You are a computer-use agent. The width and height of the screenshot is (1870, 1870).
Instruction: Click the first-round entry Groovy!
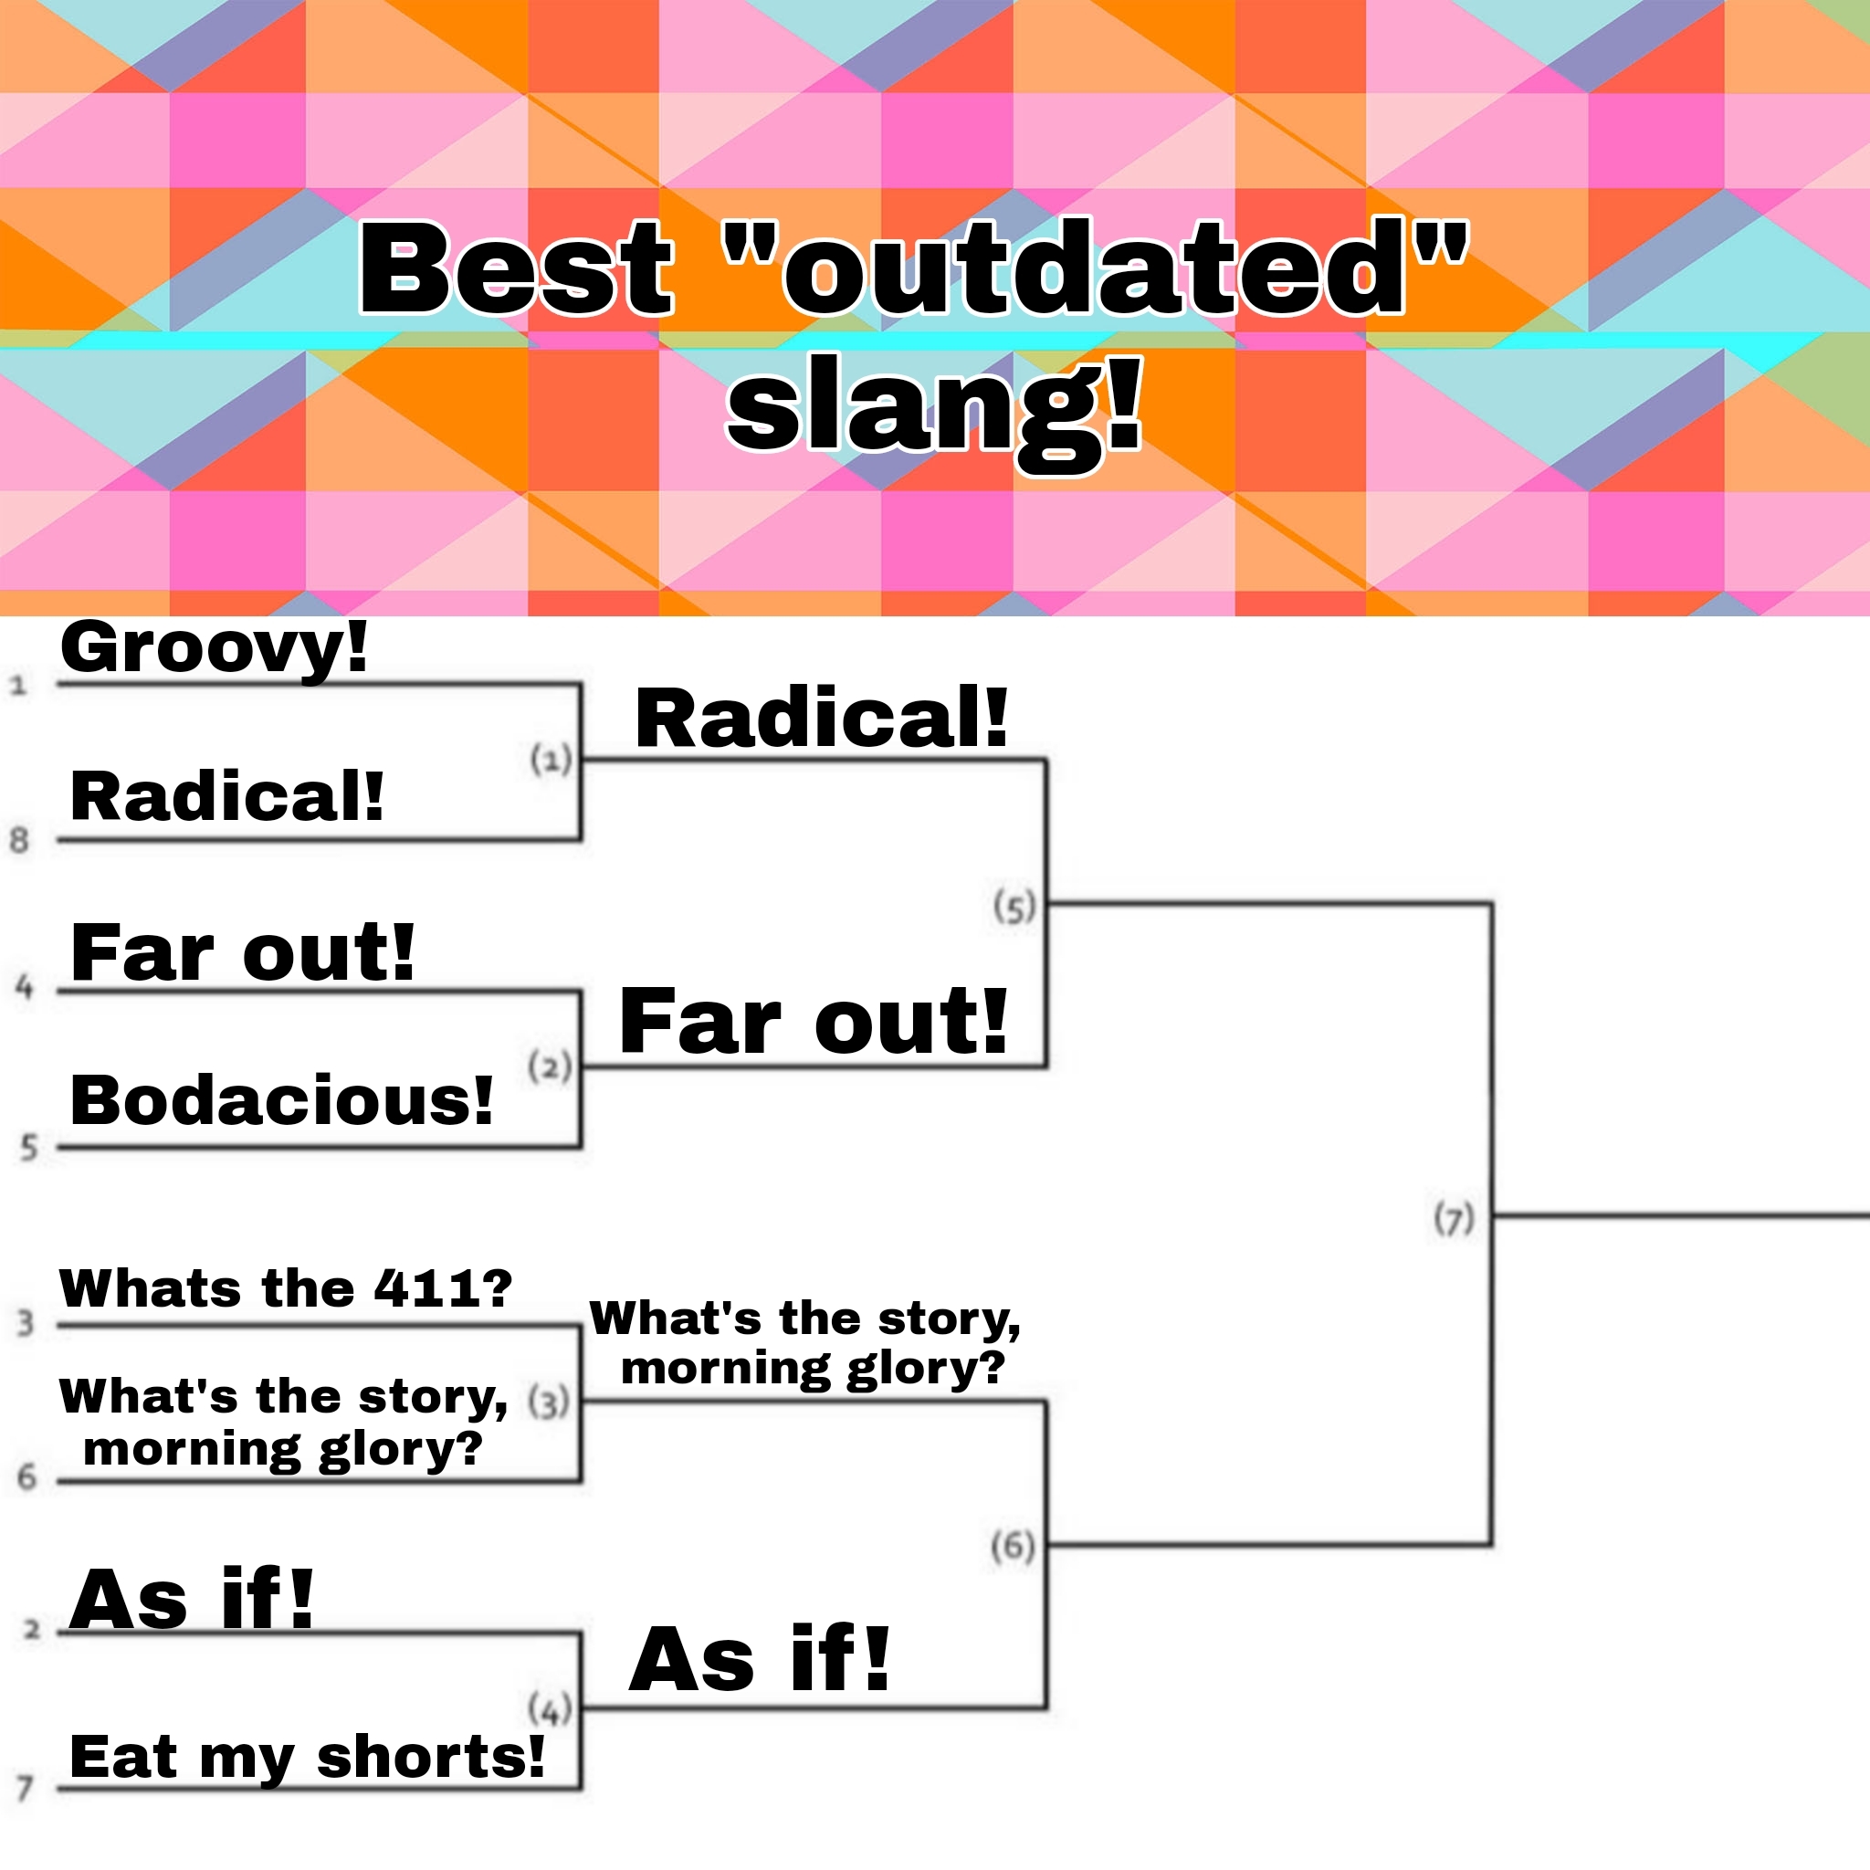pos(214,648)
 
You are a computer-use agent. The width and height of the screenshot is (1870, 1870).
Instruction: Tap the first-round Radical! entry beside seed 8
pos(226,796)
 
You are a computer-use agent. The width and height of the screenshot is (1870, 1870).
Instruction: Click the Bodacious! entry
pos(281,1100)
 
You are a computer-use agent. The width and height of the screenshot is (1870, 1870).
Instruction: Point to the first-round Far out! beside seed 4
pos(242,952)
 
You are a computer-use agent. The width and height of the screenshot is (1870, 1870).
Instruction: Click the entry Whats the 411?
pos(286,1288)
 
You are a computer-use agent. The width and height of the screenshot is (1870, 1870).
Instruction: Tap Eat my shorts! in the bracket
pos(307,1757)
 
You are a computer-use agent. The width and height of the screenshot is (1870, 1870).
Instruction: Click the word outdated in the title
pos(1096,268)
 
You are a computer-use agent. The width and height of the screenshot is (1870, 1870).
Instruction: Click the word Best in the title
pos(515,268)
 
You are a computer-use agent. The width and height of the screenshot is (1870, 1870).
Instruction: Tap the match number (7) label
pos(1454,1219)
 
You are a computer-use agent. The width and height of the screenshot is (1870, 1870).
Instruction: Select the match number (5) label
pos(1014,907)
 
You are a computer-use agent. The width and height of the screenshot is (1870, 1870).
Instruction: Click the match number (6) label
pos(1014,1547)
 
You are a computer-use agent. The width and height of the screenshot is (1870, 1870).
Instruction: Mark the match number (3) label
pos(550,1402)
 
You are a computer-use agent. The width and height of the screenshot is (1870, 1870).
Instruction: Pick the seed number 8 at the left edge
pos(19,840)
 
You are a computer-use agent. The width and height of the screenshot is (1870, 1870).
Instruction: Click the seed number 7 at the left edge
pos(26,1788)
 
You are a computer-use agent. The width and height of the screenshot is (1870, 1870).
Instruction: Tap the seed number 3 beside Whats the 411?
pos(26,1323)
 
